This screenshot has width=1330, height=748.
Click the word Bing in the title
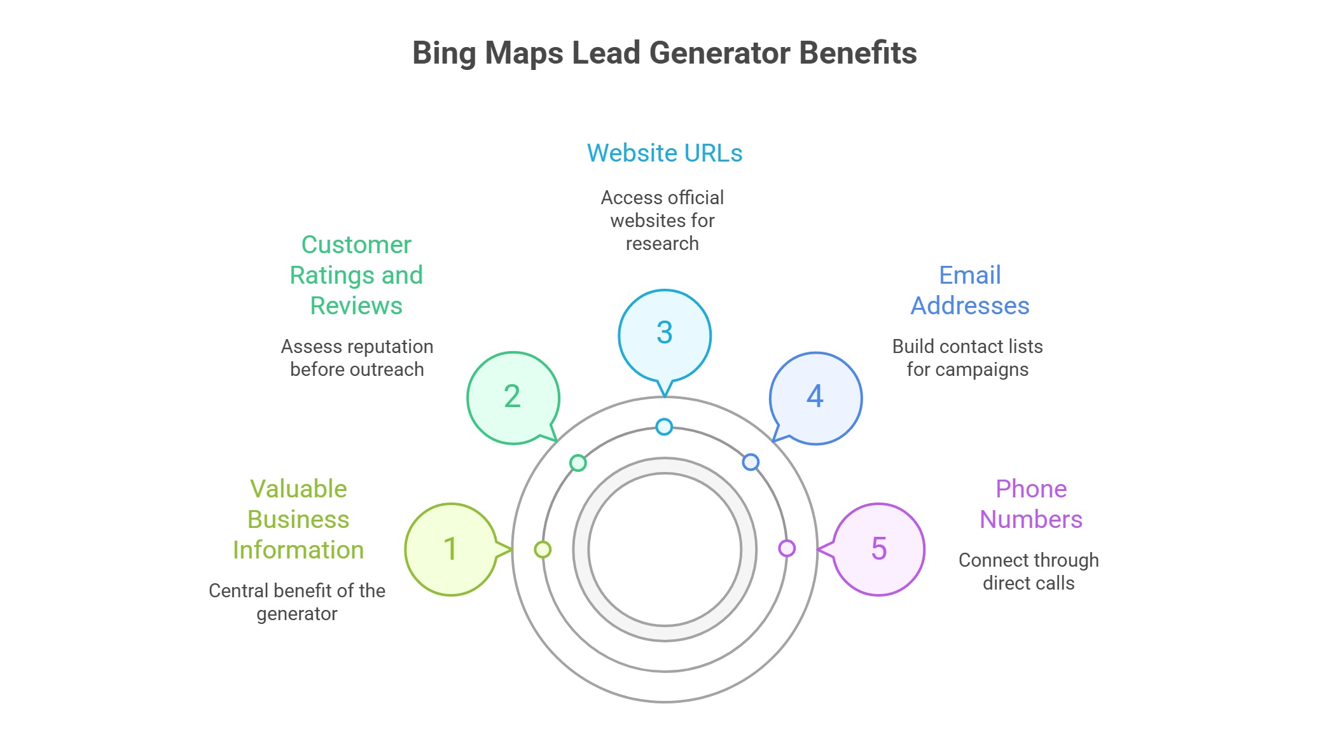[443, 53]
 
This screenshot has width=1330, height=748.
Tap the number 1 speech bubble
[451, 549]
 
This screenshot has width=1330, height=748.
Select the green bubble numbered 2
[513, 398]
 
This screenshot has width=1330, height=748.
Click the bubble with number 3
[665, 335]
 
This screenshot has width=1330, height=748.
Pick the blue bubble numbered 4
[815, 398]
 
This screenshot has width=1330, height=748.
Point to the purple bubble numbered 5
[879, 549]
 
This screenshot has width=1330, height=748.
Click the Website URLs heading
[665, 153]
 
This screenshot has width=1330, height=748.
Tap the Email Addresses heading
[970, 291]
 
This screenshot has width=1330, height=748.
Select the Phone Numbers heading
[1030, 504]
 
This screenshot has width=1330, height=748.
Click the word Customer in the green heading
[356, 245]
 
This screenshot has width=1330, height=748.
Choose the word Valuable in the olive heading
[298, 489]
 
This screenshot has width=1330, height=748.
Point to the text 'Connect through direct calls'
[1029, 571]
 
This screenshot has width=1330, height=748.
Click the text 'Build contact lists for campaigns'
[967, 357]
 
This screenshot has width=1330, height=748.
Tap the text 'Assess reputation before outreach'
[357, 357]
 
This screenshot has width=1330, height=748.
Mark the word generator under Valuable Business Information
[297, 614]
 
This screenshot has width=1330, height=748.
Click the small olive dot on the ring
[543, 550]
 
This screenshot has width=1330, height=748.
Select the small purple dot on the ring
[787, 548]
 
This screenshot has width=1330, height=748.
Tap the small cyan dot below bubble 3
[664, 427]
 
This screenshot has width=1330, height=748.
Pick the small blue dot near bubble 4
[751, 462]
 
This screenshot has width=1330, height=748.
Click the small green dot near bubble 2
[578, 463]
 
